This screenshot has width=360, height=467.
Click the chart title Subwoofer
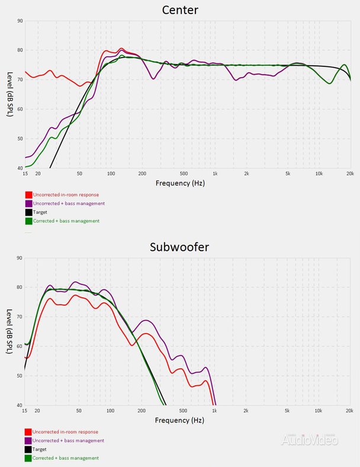point(180,247)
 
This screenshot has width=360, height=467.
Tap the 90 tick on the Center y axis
point(20,21)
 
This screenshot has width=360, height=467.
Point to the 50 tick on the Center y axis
point(20,139)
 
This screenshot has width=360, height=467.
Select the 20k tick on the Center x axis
point(350,174)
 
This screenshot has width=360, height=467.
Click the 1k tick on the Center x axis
point(215,174)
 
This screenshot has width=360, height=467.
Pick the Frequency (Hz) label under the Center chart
point(180,183)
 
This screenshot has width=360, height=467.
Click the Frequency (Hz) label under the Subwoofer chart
point(180,420)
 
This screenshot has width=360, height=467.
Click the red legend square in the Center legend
point(28,194)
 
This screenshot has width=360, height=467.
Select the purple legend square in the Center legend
point(28,203)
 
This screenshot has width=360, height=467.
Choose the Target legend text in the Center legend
point(40,212)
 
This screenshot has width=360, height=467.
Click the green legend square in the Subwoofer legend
point(28,458)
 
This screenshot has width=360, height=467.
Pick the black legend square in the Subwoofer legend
point(28,449)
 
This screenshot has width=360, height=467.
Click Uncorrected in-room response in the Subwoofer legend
point(65,431)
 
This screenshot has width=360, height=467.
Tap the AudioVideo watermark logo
point(309,439)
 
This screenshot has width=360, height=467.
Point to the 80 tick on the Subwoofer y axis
point(20,287)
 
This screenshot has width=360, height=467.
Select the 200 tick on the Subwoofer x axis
point(142,411)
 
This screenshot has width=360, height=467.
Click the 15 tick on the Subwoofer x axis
point(24,411)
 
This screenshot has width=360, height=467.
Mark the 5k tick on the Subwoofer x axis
point(288,411)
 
